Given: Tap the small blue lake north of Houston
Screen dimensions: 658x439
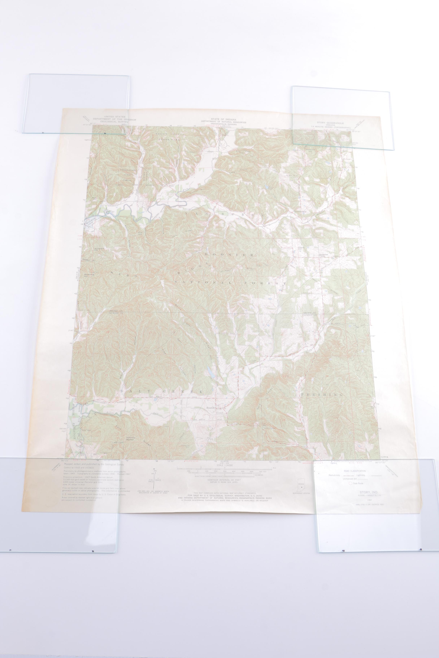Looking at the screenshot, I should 209,372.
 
